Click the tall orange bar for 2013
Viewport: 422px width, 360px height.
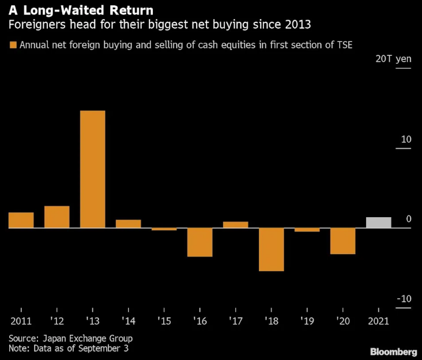click(92, 169)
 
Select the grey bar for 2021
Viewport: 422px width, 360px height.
click(378, 222)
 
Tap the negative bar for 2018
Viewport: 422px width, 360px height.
click(271, 249)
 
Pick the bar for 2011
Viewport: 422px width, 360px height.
click(21, 220)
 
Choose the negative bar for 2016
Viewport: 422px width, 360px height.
click(199, 242)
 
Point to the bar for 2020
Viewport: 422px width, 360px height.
click(342, 241)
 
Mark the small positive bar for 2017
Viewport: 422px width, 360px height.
click(235, 225)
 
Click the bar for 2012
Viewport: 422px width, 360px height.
click(57, 217)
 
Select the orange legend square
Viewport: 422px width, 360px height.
click(12, 45)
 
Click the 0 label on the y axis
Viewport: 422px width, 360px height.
click(408, 219)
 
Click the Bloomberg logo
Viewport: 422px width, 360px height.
click(393, 351)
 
